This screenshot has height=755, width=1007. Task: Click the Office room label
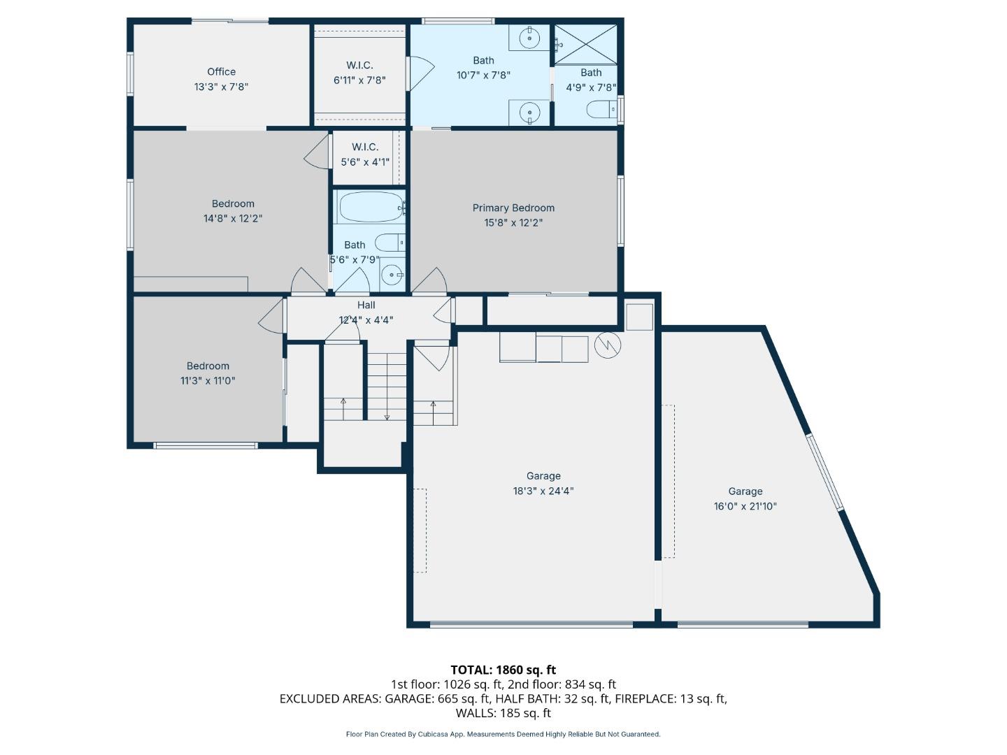221,72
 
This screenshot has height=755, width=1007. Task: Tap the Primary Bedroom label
513,208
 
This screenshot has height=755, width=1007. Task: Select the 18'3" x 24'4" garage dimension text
543,491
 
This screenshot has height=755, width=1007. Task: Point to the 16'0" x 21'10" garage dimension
745,506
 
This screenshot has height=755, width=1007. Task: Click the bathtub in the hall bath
371,208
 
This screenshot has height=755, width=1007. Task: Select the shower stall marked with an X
586,44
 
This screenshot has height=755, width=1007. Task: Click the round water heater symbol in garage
608,345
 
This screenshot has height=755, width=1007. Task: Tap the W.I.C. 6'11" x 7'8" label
359,80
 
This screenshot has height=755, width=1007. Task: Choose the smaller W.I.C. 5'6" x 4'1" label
365,161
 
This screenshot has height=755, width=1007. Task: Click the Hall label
366,305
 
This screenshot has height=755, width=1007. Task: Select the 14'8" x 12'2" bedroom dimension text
233,218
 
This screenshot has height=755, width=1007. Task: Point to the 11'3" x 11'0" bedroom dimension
208,380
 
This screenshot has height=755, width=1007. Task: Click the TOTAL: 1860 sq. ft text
503,670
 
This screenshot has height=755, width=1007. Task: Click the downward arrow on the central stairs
387,417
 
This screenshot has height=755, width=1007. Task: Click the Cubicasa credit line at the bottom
503,734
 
